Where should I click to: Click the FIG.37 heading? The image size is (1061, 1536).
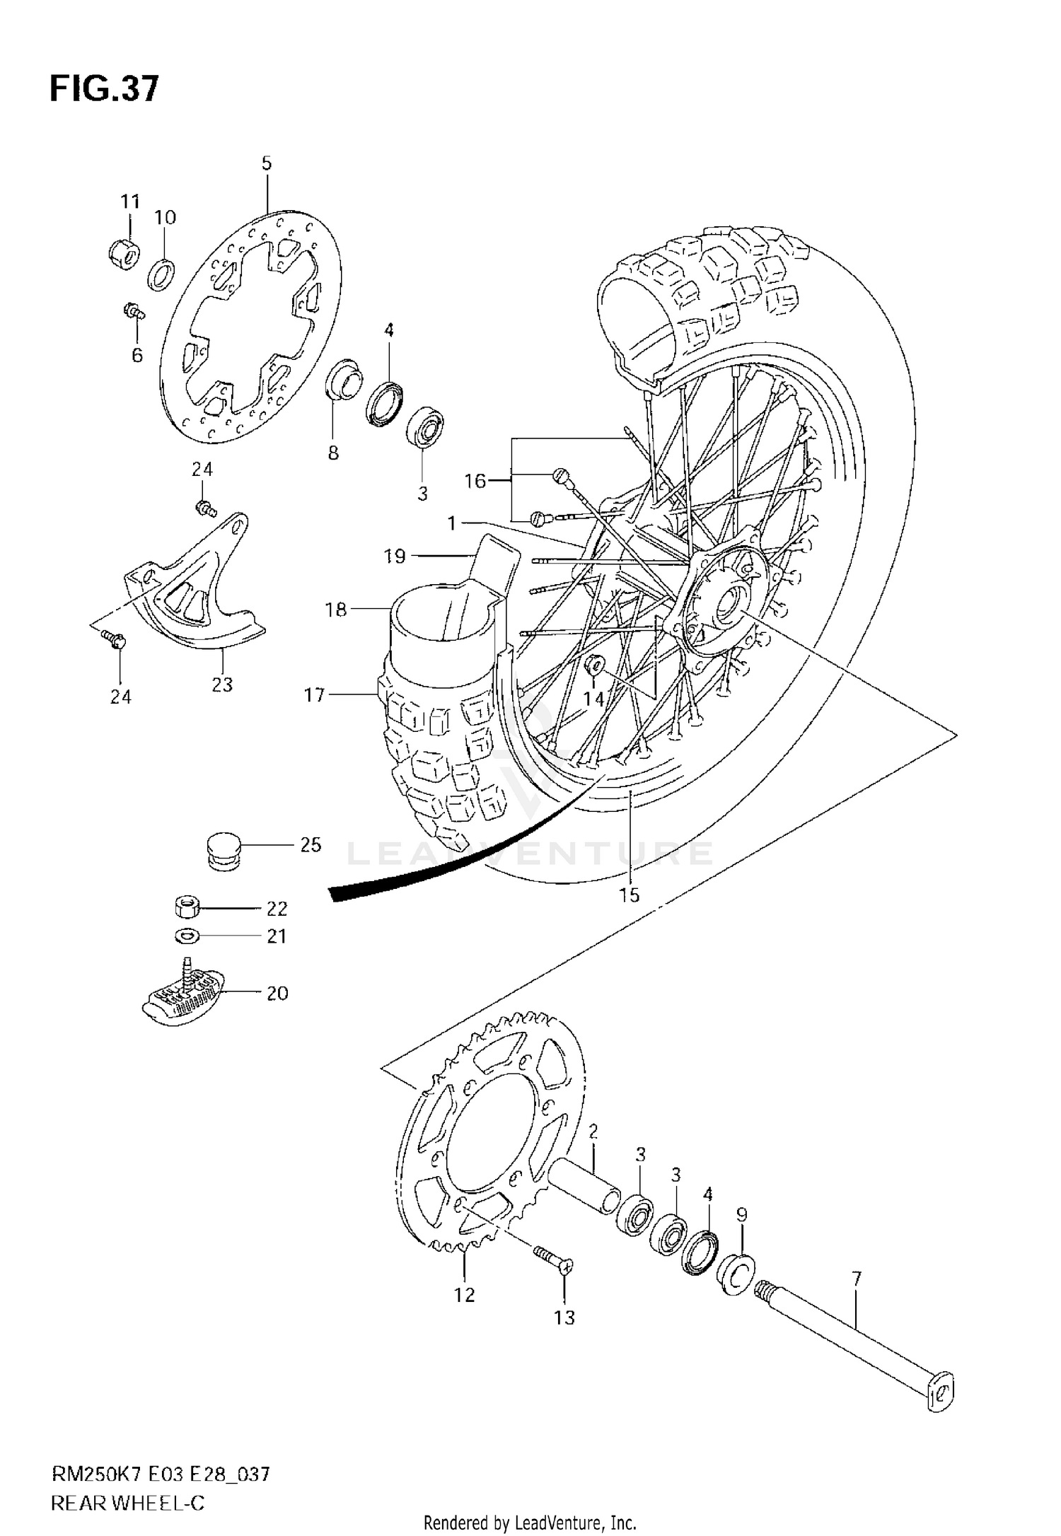[x=104, y=90]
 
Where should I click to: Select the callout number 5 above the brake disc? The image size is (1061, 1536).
[x=266, y=163]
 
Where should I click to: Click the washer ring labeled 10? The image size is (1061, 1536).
[x=162, y=274]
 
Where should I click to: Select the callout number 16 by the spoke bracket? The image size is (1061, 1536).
[x=475, y=481]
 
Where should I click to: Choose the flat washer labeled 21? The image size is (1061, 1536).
[x=187, y=936]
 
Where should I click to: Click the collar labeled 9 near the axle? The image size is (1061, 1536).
[x=735, y=1275]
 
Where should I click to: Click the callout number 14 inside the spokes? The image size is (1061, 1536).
[x=593, y=699]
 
